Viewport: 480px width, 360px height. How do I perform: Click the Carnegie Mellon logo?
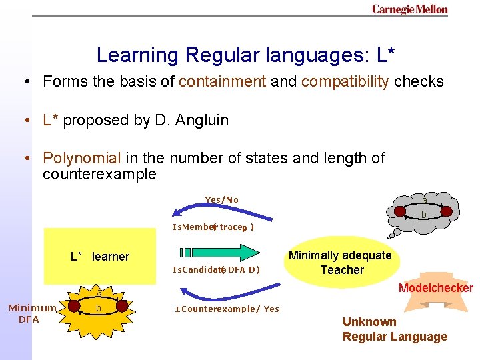coord(409,9)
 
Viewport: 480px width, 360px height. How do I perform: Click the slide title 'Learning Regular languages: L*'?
coord(245,55)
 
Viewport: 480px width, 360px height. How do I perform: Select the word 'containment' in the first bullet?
coord(222,82)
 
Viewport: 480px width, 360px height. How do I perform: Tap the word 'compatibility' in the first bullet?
coord(345,82)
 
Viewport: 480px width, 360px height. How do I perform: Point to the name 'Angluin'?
coord(201,121)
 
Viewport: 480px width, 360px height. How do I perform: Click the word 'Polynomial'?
coord(82,159)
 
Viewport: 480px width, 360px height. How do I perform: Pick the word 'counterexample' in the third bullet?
coord(99,175)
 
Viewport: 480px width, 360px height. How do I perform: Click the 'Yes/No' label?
coord(222,200)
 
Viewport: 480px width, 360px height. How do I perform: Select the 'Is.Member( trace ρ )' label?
coord(213,227)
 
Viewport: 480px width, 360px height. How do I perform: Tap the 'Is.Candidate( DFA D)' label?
coord(216,270)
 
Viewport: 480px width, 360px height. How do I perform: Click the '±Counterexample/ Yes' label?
coord(226,309)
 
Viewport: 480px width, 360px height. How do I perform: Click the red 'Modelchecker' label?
coord(435,289)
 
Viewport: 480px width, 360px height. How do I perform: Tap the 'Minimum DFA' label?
coord(31,313)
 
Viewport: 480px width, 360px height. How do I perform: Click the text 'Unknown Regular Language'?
coord(395,329)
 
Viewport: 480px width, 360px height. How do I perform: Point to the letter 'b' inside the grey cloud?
coord(423,215)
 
